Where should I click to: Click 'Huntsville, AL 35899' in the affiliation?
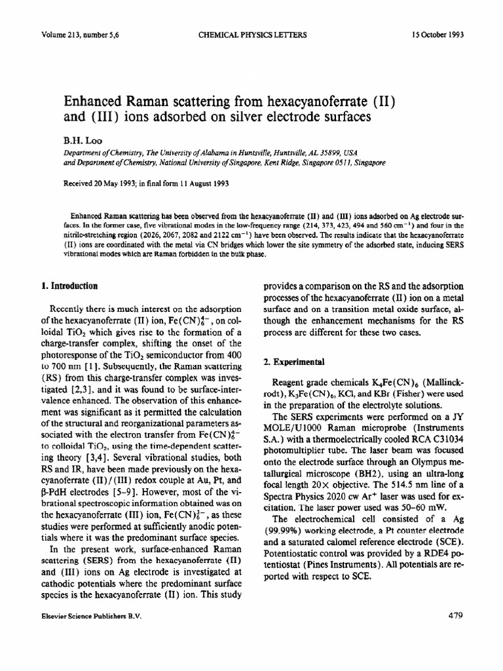(x=316, y=151)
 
